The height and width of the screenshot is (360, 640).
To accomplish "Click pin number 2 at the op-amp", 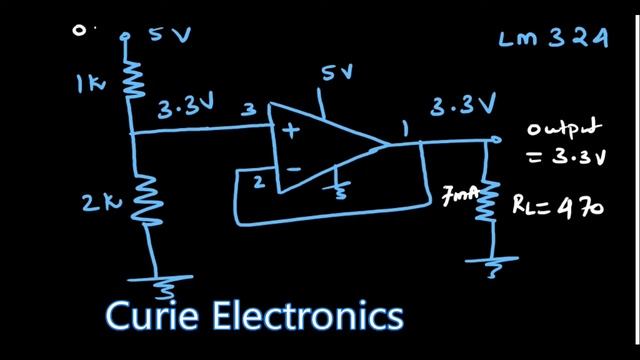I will click(257, 181).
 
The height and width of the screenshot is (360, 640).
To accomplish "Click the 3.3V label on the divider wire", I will click(187, 111).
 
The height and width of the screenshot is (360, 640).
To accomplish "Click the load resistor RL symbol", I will click(490, 202).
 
